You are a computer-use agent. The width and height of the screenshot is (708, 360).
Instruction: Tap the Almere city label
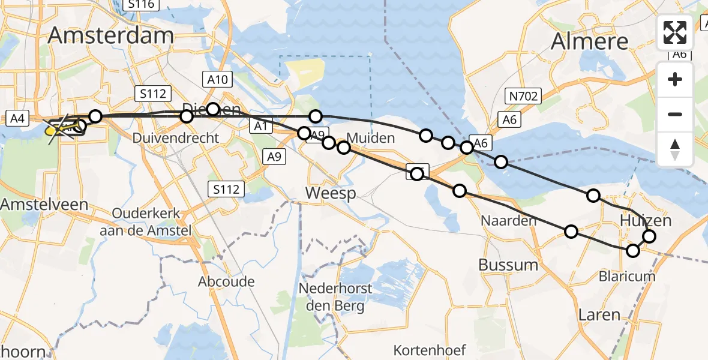589,41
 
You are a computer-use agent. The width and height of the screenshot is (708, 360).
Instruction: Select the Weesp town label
330,193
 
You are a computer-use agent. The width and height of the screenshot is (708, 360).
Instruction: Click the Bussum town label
508,265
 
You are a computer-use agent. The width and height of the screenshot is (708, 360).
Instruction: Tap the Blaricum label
627,276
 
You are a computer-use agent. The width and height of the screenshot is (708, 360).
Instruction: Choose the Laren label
599,314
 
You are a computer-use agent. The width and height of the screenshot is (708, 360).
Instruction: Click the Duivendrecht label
181,137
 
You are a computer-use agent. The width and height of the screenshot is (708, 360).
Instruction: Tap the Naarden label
508,221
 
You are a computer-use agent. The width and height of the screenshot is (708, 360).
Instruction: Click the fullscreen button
675,32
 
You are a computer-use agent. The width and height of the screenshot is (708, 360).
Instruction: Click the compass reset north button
675,149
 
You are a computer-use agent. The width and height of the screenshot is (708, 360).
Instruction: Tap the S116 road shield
140,5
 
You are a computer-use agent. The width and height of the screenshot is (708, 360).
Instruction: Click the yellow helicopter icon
56,127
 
